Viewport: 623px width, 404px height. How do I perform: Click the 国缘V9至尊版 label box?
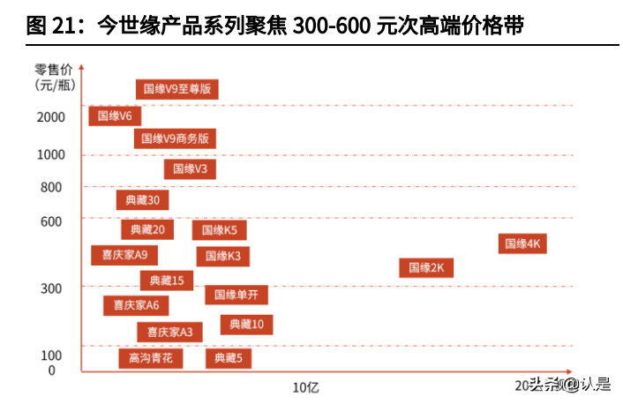pyautogui.click(x=177, y=88)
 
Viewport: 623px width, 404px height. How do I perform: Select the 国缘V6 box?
pyautogui.click(x=115, y=116)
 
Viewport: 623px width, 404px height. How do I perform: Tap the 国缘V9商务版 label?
pyautogui.click(x=176, y=138)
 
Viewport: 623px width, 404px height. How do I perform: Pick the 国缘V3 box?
pyautogui.click(x=191, y=168)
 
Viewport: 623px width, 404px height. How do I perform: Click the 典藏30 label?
pyautogui.click(x=143, y=200)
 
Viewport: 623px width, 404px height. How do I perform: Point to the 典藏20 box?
pyautogui.click(x=147, y=230)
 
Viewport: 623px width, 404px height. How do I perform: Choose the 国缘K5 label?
pyautogui.click(x=220, y=230)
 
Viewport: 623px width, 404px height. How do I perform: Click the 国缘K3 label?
pyautogui.click(x=223, y=256)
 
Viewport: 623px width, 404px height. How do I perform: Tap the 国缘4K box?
pyautogui.click(x=522, y=243)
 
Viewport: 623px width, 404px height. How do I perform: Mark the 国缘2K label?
pyautogui.click(x=426, y=267)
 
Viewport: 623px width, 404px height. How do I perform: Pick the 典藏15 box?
pyautogui.click(x=167, y=281)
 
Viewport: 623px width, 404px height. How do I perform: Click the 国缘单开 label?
pyautogui.click(x=236, y=295)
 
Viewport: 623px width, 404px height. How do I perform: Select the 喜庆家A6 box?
pyautogui.click(x=136, y=305)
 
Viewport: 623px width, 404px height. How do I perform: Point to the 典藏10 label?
pyautogui.click(x=246, y=325)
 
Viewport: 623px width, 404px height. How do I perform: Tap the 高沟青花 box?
pyautogui.click(x=151, y=358)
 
